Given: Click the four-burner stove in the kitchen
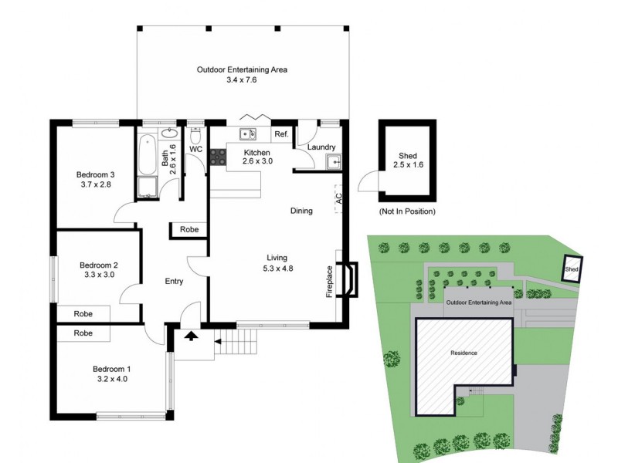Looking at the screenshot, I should (218, 157).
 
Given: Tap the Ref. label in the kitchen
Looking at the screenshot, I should (281, 135).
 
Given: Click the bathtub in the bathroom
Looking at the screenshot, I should (147, 155).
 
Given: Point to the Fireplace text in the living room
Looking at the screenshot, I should (330, 282).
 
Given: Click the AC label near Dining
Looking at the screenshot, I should (338, 198).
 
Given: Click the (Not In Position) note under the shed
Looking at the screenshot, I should (407, 211).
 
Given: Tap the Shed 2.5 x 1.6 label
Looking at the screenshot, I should (407, 160).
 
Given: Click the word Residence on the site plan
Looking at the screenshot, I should (464, 353).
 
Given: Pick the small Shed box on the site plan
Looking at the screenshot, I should (571, 269).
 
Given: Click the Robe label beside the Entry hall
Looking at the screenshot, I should (188, 230).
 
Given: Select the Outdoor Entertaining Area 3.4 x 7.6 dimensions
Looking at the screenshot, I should (242, 79).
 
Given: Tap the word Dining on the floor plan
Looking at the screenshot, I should (301, 211).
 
